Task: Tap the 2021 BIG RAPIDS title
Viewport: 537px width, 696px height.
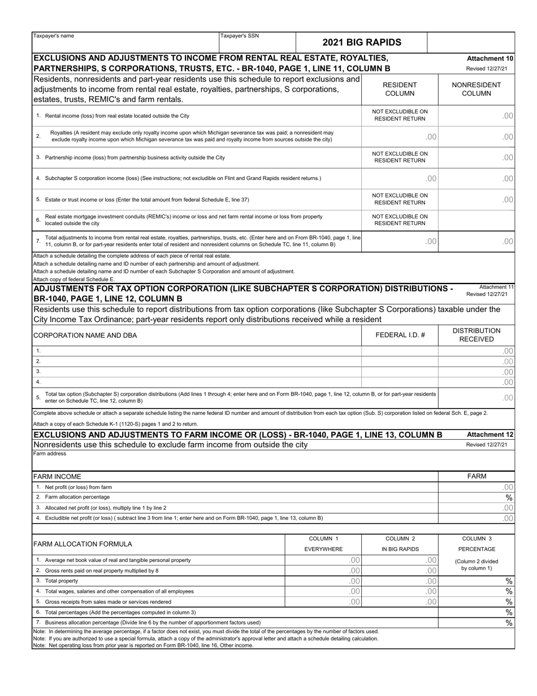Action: tap(361, 42)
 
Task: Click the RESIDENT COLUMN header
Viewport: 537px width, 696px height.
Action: tap(400, 89)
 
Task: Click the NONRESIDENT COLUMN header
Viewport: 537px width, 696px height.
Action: tap(477, 89)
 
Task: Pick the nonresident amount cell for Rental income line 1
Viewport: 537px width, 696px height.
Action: tap(477, 115)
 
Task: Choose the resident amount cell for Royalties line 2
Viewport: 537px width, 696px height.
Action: tap(400, 136)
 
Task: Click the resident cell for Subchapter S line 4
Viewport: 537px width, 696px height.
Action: tap(400, 179)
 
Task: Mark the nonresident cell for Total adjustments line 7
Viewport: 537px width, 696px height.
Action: tap(477, 242)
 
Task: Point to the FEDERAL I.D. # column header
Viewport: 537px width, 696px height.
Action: tap(400, 335)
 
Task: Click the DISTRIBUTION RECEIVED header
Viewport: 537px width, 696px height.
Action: tap(477, 335)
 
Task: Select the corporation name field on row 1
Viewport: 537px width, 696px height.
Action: tap(198, 351)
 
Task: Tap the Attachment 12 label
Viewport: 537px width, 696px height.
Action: tap(490, 435)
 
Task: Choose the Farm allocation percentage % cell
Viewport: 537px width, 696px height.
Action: tap(477, 497)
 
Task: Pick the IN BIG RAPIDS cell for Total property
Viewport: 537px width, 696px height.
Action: tap(400, 581)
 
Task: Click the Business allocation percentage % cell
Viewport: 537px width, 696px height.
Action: tap(477, 623)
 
